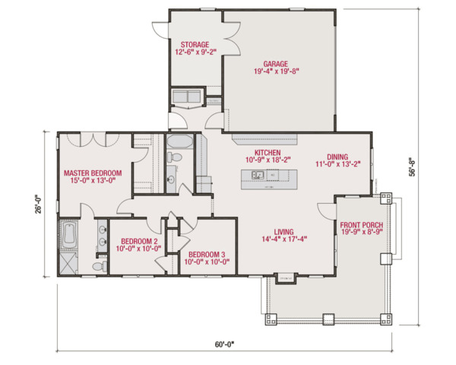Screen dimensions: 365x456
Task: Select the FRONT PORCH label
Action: click(x=361, y=225)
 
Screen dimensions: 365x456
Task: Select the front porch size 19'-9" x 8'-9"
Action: click(x=361, y=234)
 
